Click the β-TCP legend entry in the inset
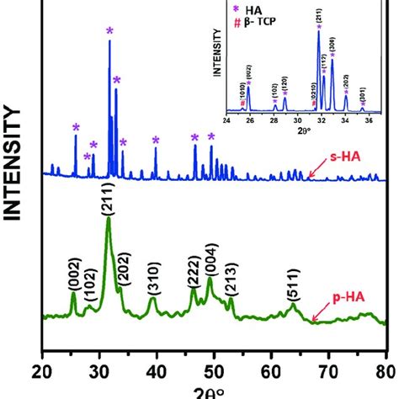point(259,19)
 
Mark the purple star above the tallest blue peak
point(109,31)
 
